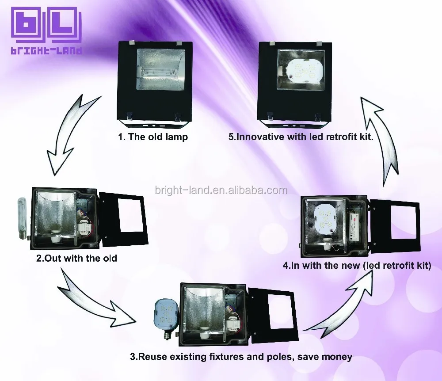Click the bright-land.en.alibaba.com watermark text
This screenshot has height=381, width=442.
click(x=221, y=190)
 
